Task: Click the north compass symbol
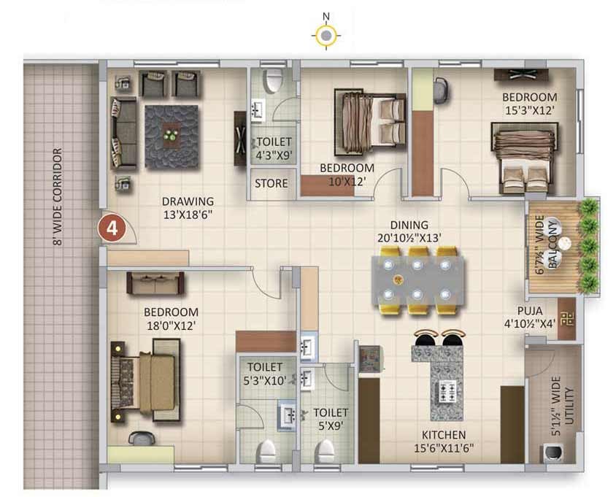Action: pyautogui.click(x=326, y=35)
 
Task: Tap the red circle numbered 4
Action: pyautogui.click(x=112, y=228)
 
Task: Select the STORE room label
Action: pyautogui.click(x=271, y=183)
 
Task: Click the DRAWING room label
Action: pyautogui.click(x=188, y=201)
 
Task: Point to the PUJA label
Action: pyautogui.click(x=530, y=311)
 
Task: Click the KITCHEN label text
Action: pyautogui.click(x=444, y=435)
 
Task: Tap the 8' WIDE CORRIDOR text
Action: pyautogui.click(x=58, y=197)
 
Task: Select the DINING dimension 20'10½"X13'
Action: pyautogui.click(x=409, y=238)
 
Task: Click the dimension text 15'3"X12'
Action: pyautogui.click(x=530, y=110)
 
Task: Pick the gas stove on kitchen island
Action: pyautogui.click(x=447, y=391)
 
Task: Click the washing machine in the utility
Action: pyautogui.click(x=553, y=452)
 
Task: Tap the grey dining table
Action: pyautogui.click(x=417, y=280)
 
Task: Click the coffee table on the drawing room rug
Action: pyautogui.click(x=172, y=136)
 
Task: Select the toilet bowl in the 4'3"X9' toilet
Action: pyautogui.click(x=274, y=80)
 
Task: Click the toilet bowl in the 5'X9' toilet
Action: pyautogui.click(x=326, y=451)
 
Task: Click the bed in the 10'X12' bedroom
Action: pyautogui.click(x=370, y=120)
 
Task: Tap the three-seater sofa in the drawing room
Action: pyautogui.click(x=123, y=132)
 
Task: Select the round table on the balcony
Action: pyautogui.click(x=566, y=243)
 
